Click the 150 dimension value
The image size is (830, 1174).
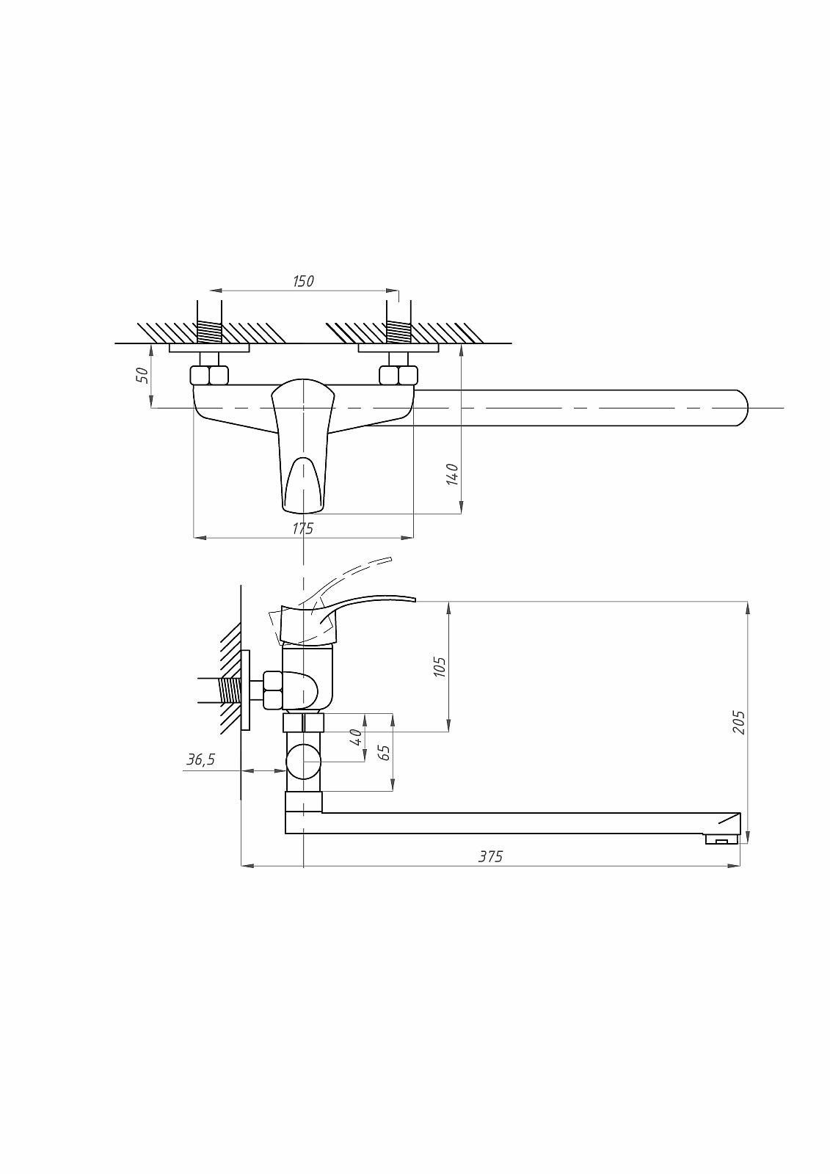(x=303, y=282)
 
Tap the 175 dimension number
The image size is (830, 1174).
(x=302, y=528)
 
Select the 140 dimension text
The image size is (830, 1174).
(x=453, y=474)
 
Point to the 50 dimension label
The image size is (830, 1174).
(x=142, y=375)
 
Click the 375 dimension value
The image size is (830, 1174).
(x=490, y=856)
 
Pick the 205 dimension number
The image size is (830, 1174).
(x=739, y=722)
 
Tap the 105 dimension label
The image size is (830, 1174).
(x=440, y=667)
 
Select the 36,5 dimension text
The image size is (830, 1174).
(x=201, y=759)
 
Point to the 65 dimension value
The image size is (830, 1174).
(x=385, y=753)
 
